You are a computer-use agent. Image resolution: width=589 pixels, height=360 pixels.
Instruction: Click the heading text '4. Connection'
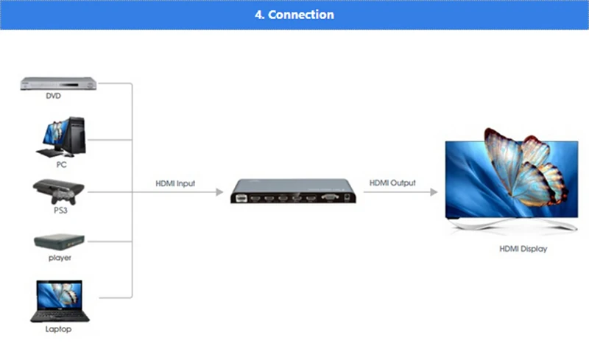(294, 15)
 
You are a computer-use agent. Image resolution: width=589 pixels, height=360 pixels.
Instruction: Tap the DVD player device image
(59, 83)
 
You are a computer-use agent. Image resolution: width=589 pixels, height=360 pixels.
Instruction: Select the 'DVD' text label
(53, 96)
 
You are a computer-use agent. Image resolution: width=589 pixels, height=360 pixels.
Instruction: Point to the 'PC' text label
(62, 164)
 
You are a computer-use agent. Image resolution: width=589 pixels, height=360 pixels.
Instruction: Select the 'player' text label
(60, 258)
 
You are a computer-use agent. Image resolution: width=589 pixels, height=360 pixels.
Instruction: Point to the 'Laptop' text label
(57, 329)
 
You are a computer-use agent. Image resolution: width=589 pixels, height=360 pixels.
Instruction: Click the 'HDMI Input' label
(175, 183)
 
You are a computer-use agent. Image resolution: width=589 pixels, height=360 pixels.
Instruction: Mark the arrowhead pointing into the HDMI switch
(218, 192)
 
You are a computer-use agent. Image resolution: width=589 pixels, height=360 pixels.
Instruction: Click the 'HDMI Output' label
(392, 183)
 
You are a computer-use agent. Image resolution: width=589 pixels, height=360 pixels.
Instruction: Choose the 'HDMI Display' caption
(523, 250)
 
